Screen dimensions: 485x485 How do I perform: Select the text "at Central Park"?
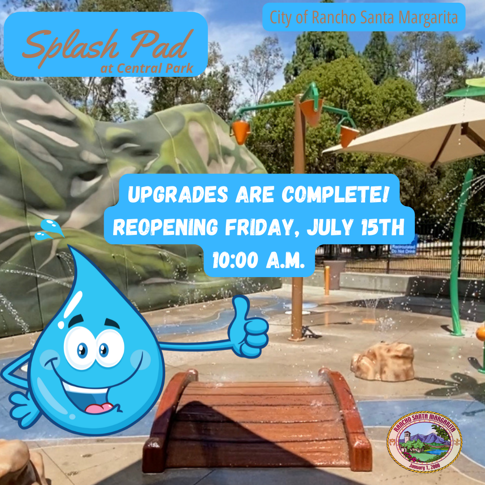click(147, 69)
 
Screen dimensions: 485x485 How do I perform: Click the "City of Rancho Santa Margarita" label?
click(364, 18)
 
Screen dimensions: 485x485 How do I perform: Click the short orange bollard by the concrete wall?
click(327, 280)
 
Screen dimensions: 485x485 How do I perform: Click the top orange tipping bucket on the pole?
click(312, 110)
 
